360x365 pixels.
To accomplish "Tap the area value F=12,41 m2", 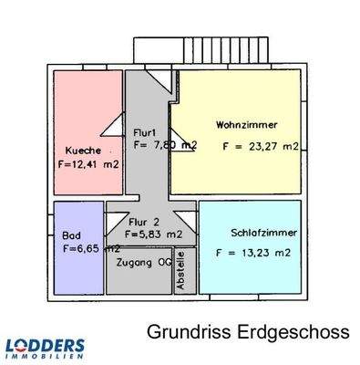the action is (x=87, y=166).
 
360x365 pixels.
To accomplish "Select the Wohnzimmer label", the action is (x=246, y=125).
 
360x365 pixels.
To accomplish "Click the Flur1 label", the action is (x=145, y=131).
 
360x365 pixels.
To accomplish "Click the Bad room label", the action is (x=71, y=235).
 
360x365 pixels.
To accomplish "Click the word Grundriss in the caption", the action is (x=183, y=333).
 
